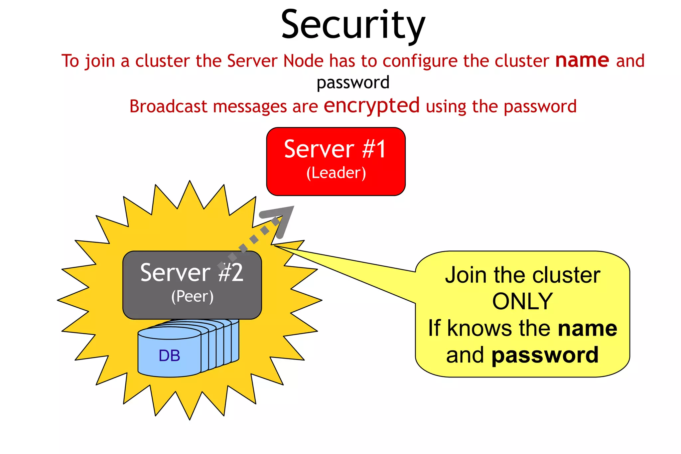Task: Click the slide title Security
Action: click(353, 25)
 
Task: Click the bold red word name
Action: click(582, 61)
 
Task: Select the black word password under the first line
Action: click(353, 83)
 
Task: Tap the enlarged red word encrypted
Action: click(371, 106)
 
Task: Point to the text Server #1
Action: click(335, 149)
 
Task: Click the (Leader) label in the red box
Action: click(336, 173)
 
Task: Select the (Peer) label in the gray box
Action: click(193, 296)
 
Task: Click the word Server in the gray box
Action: click(175, 273)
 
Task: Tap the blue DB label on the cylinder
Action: click(169, 356)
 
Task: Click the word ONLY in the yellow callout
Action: click(522, 301)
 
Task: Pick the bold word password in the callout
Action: click(545, 355)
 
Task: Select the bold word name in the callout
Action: click(587, 328)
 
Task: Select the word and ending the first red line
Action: click(630, 61)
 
